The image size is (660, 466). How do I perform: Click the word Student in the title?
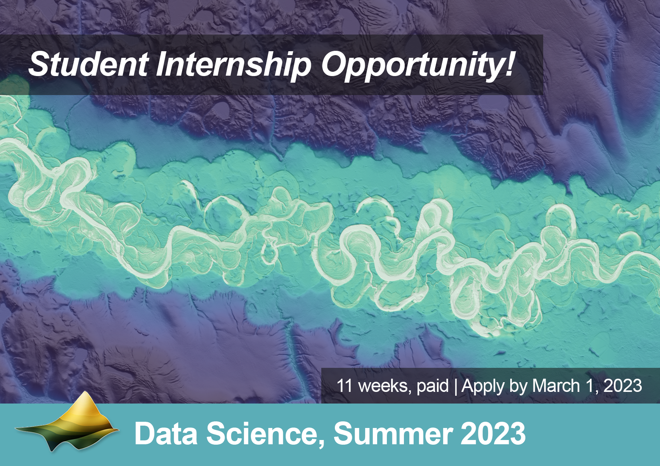coord(88,64)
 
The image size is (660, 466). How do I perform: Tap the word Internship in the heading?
coord(233,64)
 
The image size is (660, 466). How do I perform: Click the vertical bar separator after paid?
coord(456,386)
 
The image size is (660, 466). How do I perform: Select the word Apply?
coord(483,386)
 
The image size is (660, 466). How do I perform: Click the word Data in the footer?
coord(166,433)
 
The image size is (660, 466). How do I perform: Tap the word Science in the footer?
coord(261,433)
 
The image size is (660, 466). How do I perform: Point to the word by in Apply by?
coord(518,386)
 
